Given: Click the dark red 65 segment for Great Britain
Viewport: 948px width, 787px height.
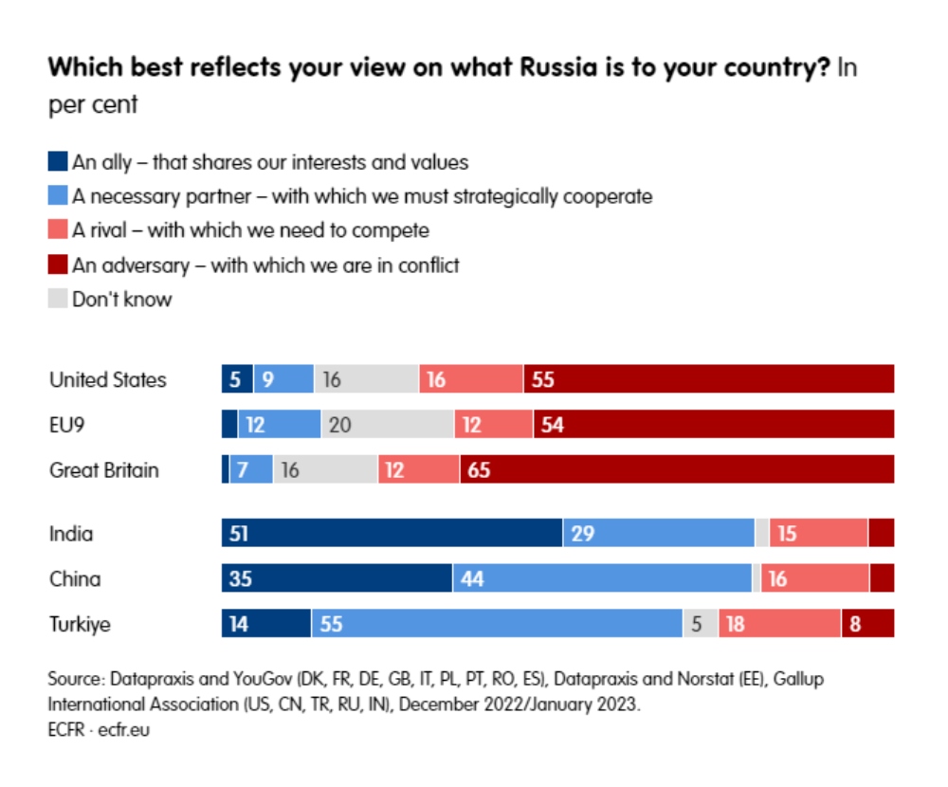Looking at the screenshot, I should pyautogui.click(x=676, y=469).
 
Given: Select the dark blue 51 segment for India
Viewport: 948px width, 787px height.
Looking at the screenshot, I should pyautogui.click(x=392, y=533).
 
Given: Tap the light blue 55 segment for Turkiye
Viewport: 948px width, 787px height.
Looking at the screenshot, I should pyautogui.click(x=497, y=624).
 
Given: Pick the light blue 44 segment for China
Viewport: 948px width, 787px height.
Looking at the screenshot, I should pyautogui.click(x=602, y=578).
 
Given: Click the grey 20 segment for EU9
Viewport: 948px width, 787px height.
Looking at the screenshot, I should pyautogui.click(x=387, y=425).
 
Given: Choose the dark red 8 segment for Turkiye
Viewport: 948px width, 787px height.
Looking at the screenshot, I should pyautogui.click(x=866, y=624).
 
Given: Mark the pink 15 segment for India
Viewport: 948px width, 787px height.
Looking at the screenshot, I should pyautogui.click(x=818, y=533).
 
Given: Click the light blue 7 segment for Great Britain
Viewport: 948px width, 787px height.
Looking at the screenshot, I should pyautogui.click(x=250, y=469).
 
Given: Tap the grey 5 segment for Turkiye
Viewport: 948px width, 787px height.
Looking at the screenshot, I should pyautogui.click(x=700, y=624).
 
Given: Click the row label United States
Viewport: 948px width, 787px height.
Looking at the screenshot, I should pyautogui.click(x=107, y=380).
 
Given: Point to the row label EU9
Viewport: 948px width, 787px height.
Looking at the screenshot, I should pyautogui.click(x=67, y=426).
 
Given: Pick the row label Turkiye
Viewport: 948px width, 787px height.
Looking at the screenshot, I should pyautogui.click(x=80, y=625).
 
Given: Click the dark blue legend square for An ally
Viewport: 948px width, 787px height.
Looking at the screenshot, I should pyautogui.click(x=58, y=162).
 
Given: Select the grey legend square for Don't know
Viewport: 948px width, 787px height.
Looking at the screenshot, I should pyautogui.click(x=58, y=299).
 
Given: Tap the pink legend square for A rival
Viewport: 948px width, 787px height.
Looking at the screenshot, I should pyautogui.click(x=58, y=230).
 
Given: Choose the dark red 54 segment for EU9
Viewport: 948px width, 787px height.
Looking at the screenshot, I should pyautogui.click(x=713, y=425).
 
